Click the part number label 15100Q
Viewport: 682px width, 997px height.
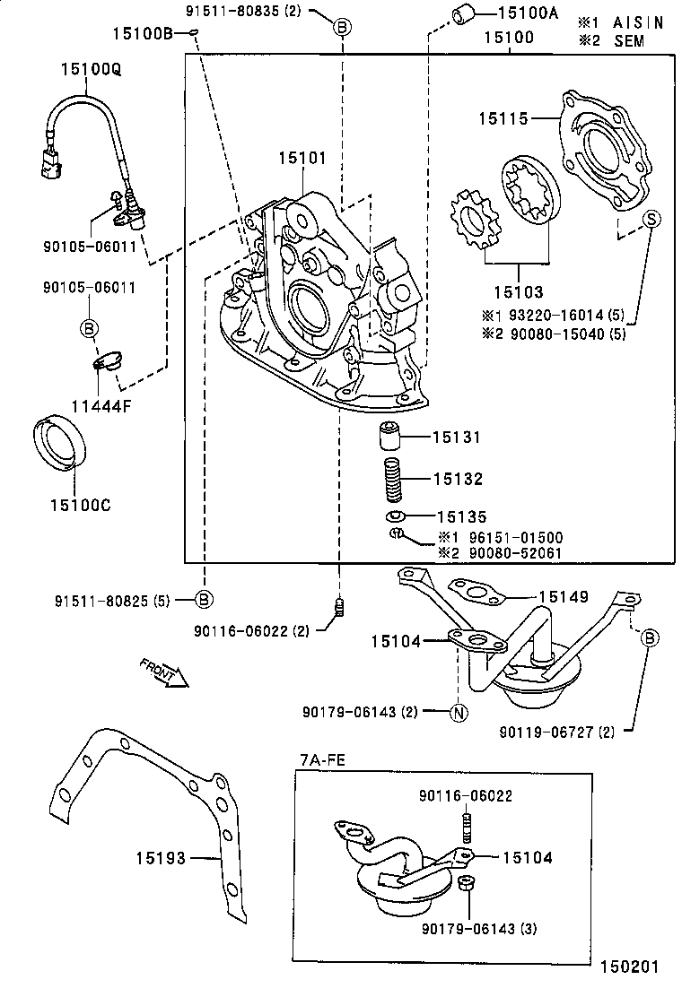click(87, 68)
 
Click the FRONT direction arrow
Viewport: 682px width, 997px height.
click(164, 672)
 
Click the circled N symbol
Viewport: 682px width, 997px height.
click(457, 713)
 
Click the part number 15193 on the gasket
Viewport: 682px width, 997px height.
click(162, 858)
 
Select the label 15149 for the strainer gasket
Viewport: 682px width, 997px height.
click(563, 595)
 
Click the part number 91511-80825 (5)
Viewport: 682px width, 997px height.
click(119, 599)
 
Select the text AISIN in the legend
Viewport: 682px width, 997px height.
click(638, 22)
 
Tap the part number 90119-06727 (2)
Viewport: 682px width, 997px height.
click(556, 733)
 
